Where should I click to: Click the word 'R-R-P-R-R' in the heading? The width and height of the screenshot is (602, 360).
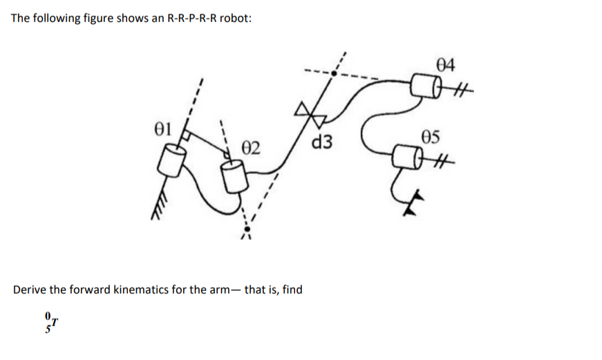pyautogui.click(x=189, y=18)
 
